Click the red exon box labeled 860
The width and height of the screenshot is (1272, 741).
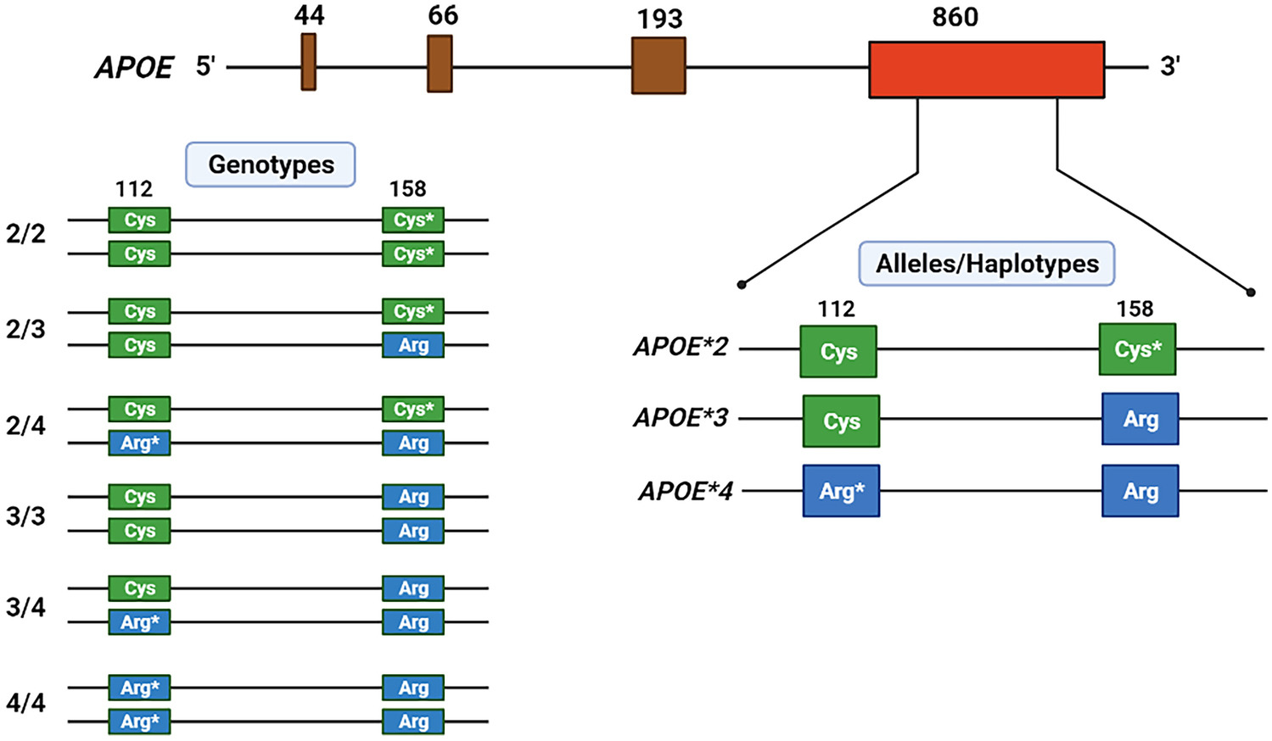point(986,70)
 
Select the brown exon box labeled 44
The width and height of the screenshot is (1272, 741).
point(309,61)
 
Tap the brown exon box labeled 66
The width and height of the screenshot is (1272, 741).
point(440,64)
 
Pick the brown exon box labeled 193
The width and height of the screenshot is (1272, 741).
point(658,65)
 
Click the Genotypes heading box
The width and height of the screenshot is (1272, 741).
point(271,164)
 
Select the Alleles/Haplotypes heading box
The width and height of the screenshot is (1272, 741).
point(987,264)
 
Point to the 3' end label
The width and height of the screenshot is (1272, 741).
point(1170,66)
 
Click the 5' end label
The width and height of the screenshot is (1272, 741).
point(205,66)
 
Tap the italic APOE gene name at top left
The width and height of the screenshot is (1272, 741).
point(134,68)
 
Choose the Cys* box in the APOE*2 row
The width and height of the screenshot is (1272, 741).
point(1137,349)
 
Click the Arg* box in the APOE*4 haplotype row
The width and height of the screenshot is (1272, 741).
point(841,491)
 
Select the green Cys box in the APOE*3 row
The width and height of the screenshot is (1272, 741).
point(841,421)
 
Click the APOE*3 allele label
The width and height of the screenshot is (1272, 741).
point(681,418)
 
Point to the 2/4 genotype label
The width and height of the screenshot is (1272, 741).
point(25,425)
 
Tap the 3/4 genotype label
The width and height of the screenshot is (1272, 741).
point(25,607)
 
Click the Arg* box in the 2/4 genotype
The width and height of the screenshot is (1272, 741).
point(139,443)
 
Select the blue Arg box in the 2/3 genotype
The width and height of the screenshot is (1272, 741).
point(413,345)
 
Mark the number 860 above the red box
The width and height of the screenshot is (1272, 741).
point(955,17)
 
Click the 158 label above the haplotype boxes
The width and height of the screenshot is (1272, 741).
point(1135,309)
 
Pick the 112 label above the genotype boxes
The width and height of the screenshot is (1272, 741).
point(134,188)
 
